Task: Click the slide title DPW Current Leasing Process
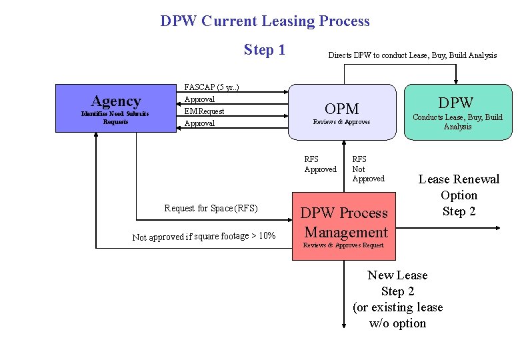click(x=265, y=21)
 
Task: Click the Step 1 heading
click(x=264, y=50)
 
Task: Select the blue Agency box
click(x=115, y=109)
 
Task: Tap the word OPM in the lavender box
click(x=341, y=109)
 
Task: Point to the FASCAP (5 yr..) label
click(x=211, y=87)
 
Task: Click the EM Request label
click(x=204, y=111)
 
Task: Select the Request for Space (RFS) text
click(x=211, y=208)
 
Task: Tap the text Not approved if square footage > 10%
click(x=204, y=236)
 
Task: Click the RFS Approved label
click(x=320, y=164)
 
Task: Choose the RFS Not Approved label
click(x=368, y=169)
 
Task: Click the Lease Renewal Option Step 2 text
click(x=459, y=195)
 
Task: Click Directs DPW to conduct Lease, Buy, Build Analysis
click(x=412, y=55)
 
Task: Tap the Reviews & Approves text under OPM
click(x=341, y=122)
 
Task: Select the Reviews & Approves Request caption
click(x=343, y=245)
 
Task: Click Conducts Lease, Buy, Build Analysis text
click(x=457, y=121)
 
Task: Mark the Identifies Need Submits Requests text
click(x=115, y=117)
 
